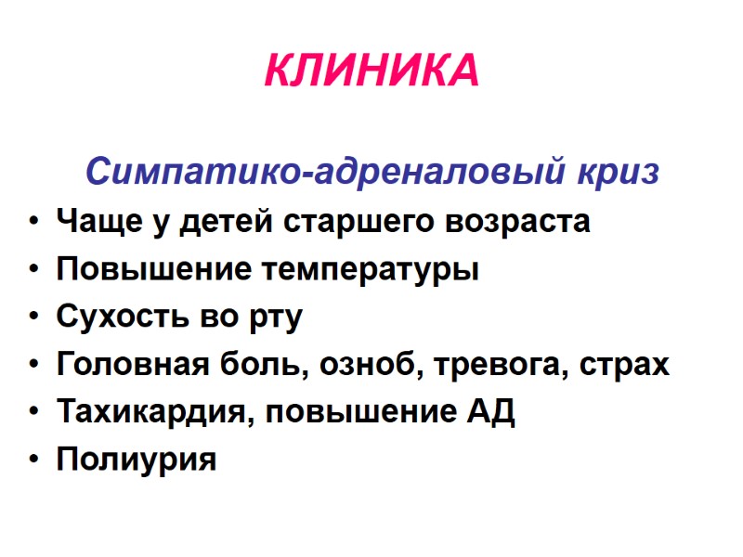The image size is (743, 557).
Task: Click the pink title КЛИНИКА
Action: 371,71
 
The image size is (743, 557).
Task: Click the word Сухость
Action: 114,317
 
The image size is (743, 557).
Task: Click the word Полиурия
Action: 137,460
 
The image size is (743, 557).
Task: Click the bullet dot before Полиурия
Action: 34,460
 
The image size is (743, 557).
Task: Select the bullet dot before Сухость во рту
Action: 34,317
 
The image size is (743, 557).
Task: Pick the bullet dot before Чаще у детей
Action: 34,223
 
